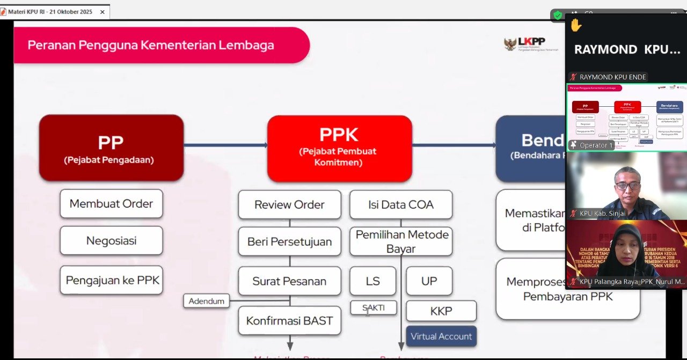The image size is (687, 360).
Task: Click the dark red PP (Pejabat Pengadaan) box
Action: pyautogui.click(x=111, y=148)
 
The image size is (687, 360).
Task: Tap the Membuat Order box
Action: pyautogui.click(x=111, y=203)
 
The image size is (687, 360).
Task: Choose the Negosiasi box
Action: pyautogui.click(x=111, y=240)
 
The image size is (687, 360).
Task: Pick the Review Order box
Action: pyautogui.click(x=289, y=204)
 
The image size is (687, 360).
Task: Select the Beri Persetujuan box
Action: pyautogui.click(x=289, y=241)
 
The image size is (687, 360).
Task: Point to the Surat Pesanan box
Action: pyautogui.click(x=289, y=281)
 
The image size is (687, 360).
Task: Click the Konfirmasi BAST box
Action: pyautogui.click(x=289, y=321)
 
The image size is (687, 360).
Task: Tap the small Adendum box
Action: pyautogui.click(x=207, y=301)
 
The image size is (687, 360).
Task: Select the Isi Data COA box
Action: pyautogui.click(x=400, y=204)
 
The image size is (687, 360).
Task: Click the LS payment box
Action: pyautogui.click(x=372, y=281)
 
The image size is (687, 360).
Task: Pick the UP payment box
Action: pyautogui.click(x=429, y=281)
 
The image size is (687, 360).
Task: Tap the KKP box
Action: pyautogui.click(x=441, y=311)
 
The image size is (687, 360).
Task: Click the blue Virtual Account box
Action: pyautogui.click(x=441, y=336)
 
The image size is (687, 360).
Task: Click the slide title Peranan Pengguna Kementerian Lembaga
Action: pyautogui.click(x=151, y=45)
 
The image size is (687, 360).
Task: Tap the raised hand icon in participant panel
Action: pyautogui.click(x=576, y=25)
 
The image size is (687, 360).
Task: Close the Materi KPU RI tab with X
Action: pyautogui.click(x=103, y=12)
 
